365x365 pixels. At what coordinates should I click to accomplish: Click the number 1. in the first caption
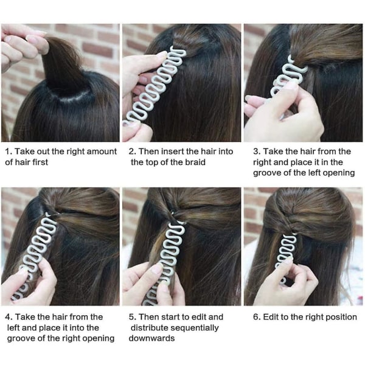pyautogui.click(x=9, y=151)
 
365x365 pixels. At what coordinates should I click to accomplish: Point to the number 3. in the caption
pyautogui.click(x=257, y=151)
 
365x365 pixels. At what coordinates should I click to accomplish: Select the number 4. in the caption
pyautogui.click(x=9, y=317)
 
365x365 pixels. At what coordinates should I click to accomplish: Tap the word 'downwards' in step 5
pyautogui.click(x=151, y=338)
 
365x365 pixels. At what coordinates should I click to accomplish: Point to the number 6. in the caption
pyautogui.click(x=257, y=317)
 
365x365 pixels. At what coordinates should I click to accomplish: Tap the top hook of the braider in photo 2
pyautogui.click(x=179, y=52)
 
